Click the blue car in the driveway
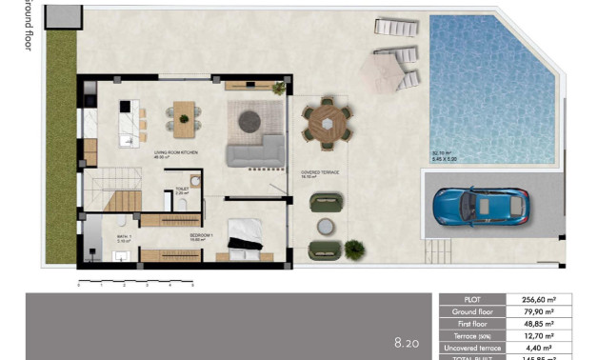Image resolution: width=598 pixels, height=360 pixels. point(482,206)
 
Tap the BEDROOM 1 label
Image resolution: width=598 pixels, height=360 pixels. point(201,234)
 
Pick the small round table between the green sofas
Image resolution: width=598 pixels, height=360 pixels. point(326,226)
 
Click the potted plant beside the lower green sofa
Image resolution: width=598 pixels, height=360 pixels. point(354,250)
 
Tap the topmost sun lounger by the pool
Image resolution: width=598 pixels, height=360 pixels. point(394,28)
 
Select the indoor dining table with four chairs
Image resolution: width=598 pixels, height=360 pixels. point(181,115)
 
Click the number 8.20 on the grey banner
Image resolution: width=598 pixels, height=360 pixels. point(407,340)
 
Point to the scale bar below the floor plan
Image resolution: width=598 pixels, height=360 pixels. point(135,282)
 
